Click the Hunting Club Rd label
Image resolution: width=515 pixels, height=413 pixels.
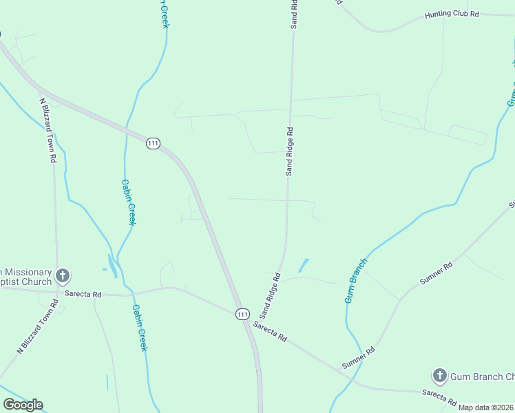point(451,14)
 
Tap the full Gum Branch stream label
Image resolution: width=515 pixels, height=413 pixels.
point(356,281)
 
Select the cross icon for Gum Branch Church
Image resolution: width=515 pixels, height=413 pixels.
point(439,376)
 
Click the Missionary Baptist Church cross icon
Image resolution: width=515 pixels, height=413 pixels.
point(62,277)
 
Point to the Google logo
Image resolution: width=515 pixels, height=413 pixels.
point(23,405)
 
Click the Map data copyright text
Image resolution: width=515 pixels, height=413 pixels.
point(486,407)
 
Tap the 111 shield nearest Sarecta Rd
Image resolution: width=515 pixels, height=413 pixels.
point(242,314)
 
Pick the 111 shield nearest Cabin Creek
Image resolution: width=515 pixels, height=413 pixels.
point(153,143)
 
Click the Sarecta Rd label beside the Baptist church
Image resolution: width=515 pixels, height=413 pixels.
point(83,294)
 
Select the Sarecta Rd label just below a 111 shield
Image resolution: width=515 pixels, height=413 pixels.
point(269,332)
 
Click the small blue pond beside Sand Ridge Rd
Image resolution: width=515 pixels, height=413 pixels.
point(303,265)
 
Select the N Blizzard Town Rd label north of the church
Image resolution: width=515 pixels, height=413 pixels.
point(47,130)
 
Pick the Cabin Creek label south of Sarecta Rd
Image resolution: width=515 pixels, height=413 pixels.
point(139,328)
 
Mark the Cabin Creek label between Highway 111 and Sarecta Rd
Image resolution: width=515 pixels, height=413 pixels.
point(128,202)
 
